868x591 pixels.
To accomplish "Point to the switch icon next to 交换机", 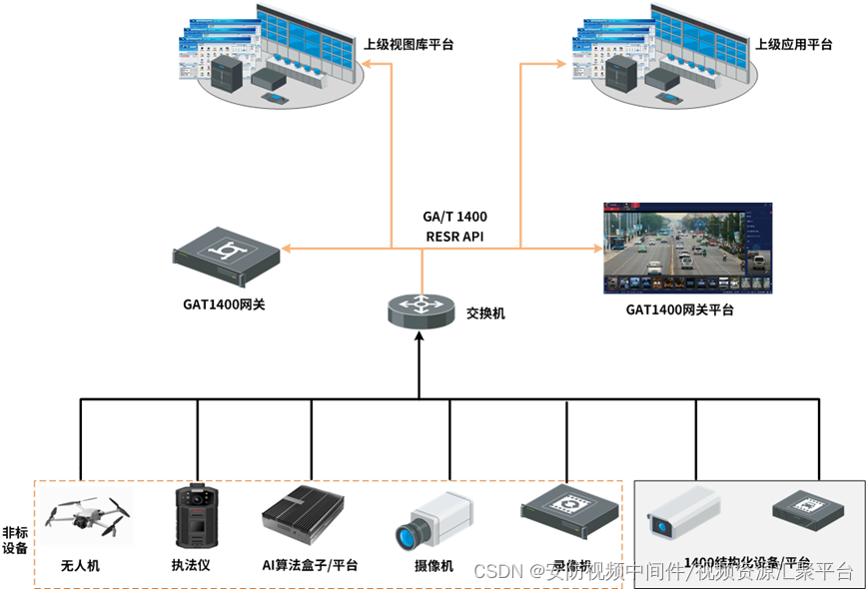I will [420, 309].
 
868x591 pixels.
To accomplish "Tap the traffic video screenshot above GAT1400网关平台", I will [689, 249].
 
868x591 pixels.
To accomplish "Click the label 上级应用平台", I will [793, 45].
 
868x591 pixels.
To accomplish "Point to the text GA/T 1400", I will [454, 216].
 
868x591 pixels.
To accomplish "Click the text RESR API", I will [454, 237].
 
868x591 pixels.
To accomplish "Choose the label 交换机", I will [485, 312].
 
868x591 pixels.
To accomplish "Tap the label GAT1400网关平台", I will [679, 310].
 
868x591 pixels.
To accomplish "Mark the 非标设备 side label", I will [15, 540].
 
